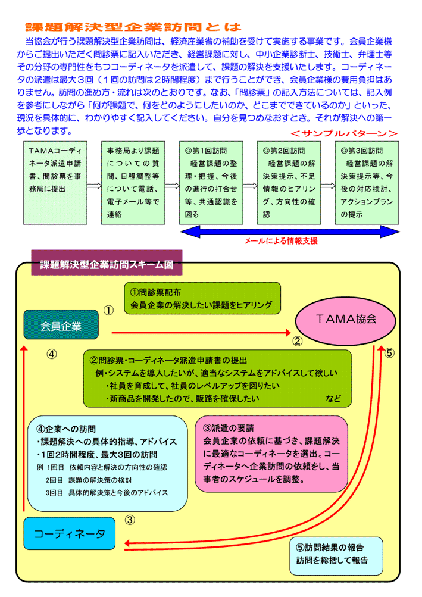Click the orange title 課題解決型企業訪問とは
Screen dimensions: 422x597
pyautogui.click(x=133, y=27)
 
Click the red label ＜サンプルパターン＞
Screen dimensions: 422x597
pyautogui.click(x=344, y=133)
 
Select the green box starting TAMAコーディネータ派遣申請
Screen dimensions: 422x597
pyautogui.click(x=55, y=183)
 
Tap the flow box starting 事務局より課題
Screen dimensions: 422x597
pyautogui.click(x=133, y=183)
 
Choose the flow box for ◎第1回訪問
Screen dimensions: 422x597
pyautogui.click(x=211, y=183)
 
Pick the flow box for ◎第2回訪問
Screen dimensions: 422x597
pyautogui.click(x=289, y=183)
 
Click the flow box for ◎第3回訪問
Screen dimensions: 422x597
pyautogui.click(x=367, y=183)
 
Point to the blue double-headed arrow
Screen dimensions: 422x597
pyautogui.click(x=290, y=232)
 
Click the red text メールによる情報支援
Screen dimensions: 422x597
pyautogui.click(x=281, y=241)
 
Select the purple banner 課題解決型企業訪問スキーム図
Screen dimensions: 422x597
pyautogui.click(x=107, y=262)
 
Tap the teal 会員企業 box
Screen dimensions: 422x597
pyautogui.click(x=61, y=325)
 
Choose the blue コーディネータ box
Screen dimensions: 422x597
pyautogui.click(x=69, y=533)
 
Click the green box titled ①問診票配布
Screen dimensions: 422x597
pyautogui.click(x=202, y=298)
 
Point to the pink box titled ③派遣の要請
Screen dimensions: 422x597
pyautogui.click(x=271, y=454)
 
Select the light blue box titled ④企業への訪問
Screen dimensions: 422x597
pyautogui.click(x=107, y=463)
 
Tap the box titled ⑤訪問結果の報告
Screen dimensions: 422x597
pyautogui.click(x=336, y=556)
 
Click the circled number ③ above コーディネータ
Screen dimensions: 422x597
pyautogui.click(x=130, y=520)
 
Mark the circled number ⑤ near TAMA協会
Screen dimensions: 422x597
pyautogui.click(x=389, y=352)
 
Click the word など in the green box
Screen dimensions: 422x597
pyautogui.click(x=333, y=398)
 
